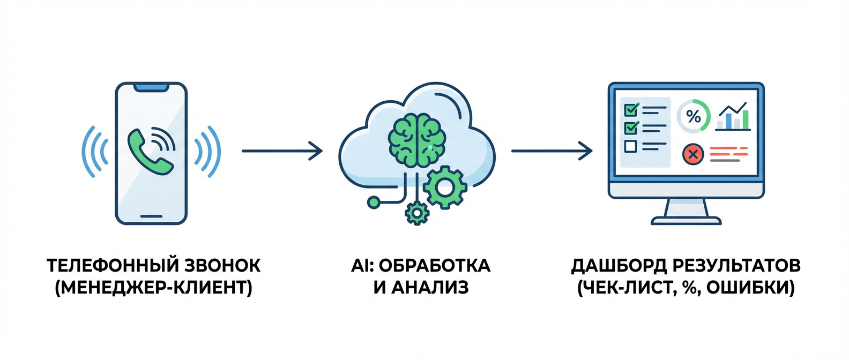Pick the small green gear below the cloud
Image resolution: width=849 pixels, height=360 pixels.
coord(416,213)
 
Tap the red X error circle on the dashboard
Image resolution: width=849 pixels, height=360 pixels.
coord(692,154)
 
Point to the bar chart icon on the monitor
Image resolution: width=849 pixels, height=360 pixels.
coord(734,117)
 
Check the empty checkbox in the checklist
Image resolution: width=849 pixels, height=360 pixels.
coord(631,146)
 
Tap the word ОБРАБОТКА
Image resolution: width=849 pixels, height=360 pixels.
coord(435,266)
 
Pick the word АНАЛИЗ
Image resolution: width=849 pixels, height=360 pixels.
coord(429,288)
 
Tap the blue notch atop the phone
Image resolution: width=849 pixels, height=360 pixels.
coord(151,87)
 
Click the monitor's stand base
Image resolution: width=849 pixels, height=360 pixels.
coord(686,220)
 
